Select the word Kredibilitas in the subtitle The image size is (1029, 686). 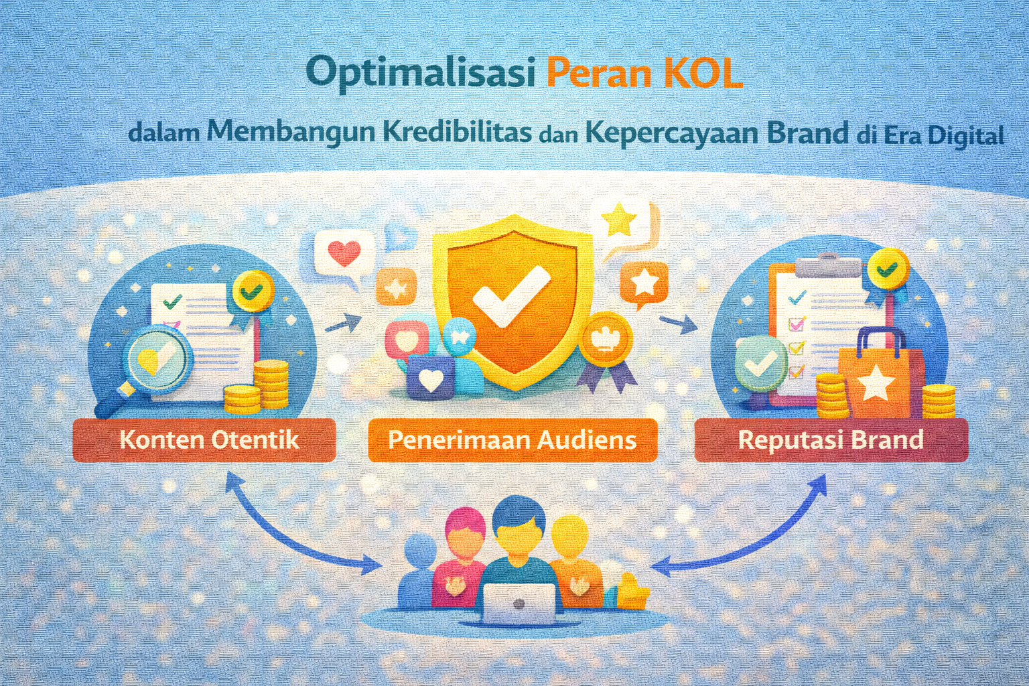coord(457,133)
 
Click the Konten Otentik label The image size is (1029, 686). coord(210,439)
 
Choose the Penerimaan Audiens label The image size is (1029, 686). coord(512,439)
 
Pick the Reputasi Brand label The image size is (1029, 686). coord(831,439)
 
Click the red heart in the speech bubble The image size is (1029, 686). coord(344,253)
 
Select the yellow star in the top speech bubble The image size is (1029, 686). coord(619,220)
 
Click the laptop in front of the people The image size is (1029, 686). coord(519,604)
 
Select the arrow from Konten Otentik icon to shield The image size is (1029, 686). coord(343,323)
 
